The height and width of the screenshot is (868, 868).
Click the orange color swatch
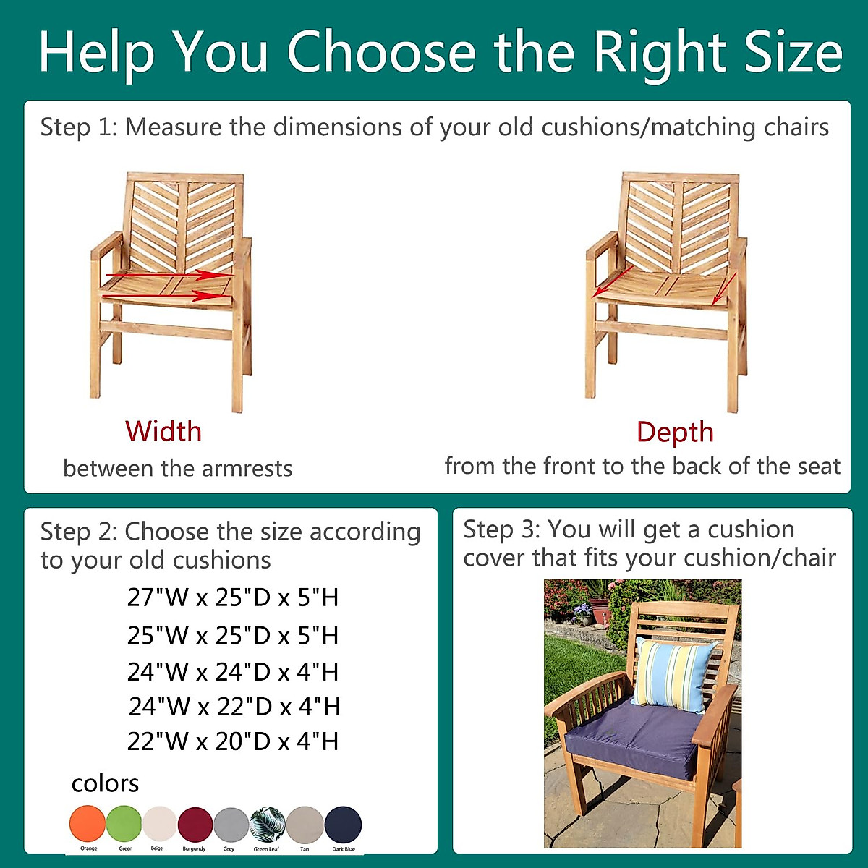pos(88,823)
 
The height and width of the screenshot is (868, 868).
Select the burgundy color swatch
pos(195,824)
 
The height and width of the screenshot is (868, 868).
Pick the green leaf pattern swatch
pos(268,824)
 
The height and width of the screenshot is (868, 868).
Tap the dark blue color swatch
pos(343,825)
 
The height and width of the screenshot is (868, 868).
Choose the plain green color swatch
pos(124,823)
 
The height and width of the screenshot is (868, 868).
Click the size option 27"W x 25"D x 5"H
pos(232,597)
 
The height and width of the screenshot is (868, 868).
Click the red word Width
pos(163,431)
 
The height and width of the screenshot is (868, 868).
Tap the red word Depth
pos(675,433)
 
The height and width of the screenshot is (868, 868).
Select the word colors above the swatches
pos(105,783)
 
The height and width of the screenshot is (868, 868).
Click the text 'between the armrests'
pos(177,469)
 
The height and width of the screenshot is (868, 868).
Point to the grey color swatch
pos(231,824)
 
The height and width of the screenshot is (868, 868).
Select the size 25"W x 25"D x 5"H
pos(232,635)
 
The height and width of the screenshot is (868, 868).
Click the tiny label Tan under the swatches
pos(305,849)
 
